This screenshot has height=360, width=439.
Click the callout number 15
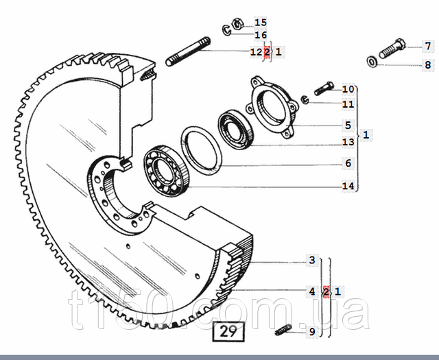[261, 22]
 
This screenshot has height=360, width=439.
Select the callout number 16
[261, 35]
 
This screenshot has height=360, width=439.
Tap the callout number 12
[256, 52]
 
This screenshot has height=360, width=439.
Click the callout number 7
[428, 46]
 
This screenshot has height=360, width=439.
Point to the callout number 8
[428, 65]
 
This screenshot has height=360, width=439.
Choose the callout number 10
[348, 89]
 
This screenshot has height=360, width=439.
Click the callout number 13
[348, 142]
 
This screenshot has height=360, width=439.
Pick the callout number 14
[348, 186]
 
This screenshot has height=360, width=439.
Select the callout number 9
[312, 332]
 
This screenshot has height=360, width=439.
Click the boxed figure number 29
[228, 332]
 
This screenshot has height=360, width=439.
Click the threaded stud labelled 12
[188, 52]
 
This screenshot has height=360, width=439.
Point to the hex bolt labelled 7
[392, 49]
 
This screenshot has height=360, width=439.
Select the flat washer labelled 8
[372, 62]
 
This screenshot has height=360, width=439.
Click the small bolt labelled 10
[324, 88]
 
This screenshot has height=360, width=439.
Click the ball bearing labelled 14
[166, 171]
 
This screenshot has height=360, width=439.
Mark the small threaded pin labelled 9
[283, 330]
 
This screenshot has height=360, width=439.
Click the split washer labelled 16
[227, 30]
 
